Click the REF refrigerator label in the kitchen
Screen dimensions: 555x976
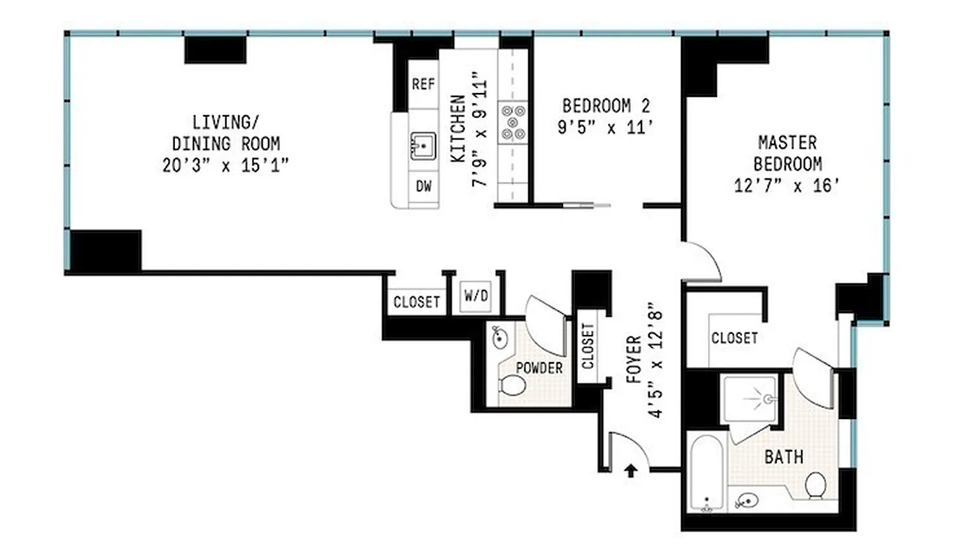point(423,84)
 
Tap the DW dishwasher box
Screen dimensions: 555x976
point(423,187)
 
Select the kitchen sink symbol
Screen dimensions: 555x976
point(423,146)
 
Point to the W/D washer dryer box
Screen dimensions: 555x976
point(476,298)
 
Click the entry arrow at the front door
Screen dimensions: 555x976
point(630,472)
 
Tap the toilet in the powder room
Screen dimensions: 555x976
point(512,385)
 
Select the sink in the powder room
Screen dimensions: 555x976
point(500,337)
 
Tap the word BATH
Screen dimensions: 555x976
point(784,457)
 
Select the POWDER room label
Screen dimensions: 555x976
point(539,368)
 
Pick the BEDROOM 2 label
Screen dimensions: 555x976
point(607,106)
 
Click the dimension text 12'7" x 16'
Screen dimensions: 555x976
point(786,186)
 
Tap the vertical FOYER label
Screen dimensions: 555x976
point(633,359)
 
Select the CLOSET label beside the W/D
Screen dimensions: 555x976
point(417,302)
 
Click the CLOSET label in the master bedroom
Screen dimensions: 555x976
point(734,338)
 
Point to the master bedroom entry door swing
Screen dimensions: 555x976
point(702,262)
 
